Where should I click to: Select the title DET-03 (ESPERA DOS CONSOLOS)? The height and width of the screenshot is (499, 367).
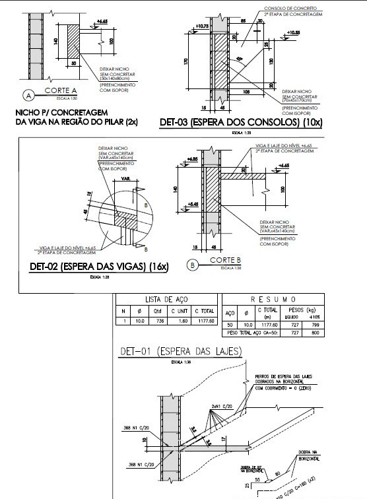(x=231, y=122)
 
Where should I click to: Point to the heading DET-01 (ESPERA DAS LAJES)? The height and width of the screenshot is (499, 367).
(x=180, y=350)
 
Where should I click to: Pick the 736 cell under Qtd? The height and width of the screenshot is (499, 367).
(x=158, y=321)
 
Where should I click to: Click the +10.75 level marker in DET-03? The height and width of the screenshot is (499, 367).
(x=202, y=26)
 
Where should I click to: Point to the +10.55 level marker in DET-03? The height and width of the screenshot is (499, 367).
(x=294, y=32)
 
